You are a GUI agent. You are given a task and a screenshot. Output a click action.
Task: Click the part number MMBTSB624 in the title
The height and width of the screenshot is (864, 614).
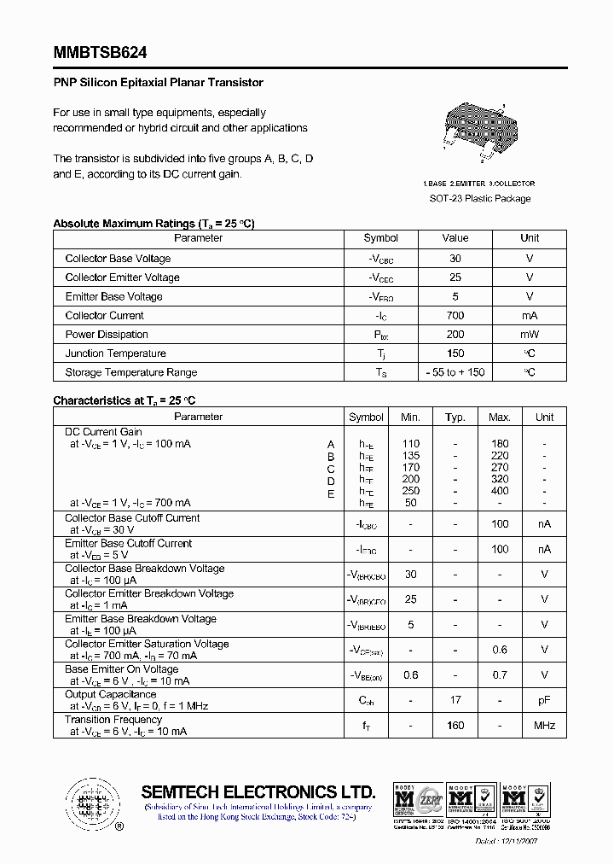pyautogui.click(x=100, y=53)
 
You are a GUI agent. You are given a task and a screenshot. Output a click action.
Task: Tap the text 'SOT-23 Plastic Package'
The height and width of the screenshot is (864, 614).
pyautogui.click(x=479, y=198)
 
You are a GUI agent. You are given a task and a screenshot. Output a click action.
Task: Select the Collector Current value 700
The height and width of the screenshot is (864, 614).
pyautogui.click(x=455, y=316)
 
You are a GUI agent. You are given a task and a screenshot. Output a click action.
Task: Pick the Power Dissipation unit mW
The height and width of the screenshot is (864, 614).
pyautogui.click(x=530, y=335)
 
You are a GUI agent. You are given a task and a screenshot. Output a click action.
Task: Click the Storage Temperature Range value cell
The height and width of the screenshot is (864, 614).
pyautogui.click(x=455, y=372)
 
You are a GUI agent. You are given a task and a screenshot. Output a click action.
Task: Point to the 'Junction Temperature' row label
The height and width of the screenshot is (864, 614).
pyautogui.click(x=115, y=353)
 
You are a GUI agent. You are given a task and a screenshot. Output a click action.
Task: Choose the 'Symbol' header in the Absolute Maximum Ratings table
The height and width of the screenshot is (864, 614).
pyautogui.click(x=380, y=238)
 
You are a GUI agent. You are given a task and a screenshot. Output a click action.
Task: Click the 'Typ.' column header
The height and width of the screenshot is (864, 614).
pyautogui.click(x=455, y=417)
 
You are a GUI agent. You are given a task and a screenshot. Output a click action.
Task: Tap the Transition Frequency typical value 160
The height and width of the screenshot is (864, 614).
pyautogui.click(x=455, y=726)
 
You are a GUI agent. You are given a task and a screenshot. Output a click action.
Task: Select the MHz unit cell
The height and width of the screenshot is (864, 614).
pyautogui.click(x=544, y=726)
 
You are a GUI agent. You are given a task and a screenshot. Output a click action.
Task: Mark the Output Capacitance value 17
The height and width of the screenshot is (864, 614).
pyautogui.click(x=455, y=700)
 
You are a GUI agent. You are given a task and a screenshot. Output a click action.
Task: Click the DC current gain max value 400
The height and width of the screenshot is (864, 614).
pyautogui.click(x=500, y=492)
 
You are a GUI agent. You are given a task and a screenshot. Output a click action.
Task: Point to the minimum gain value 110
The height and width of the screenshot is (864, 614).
pyautogui.click(x=411, y=444)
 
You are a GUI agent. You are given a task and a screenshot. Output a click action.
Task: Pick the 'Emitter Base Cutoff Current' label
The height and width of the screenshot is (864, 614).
pyautogui.click(x=128, y=543)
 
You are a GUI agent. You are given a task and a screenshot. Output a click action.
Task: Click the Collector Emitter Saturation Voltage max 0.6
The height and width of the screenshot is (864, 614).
pyautogui.click(x=500, y=650)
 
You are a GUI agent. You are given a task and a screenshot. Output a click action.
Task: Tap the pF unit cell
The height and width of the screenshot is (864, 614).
pyautogui.click(x=544, y=700)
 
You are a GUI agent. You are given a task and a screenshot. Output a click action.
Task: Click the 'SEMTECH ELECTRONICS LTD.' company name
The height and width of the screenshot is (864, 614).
pyautogui.click(x=258, y=791)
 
